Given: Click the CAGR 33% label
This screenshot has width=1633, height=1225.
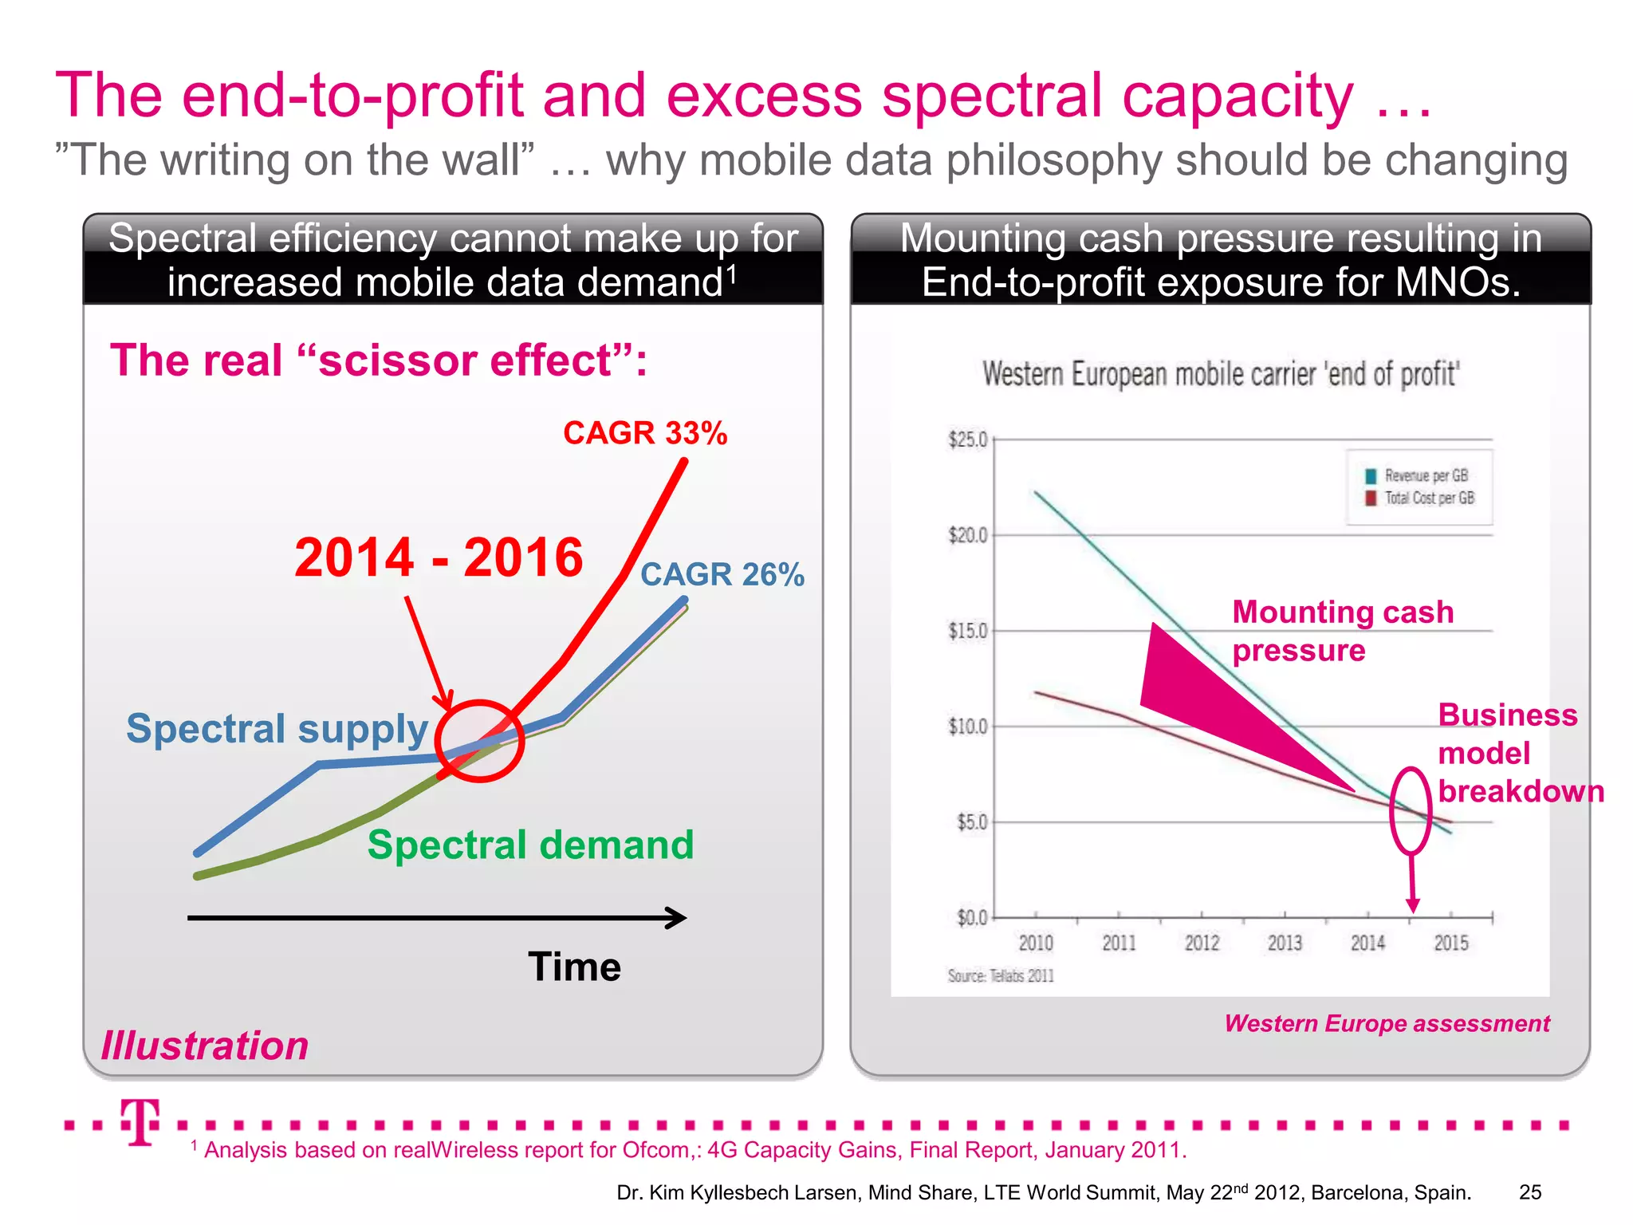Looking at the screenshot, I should click(644, 433).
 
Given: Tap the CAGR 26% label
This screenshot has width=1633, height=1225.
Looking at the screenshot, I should click(722, 574).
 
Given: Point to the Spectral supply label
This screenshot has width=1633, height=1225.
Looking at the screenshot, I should click(277, 728).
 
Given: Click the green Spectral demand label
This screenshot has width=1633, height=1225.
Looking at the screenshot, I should click(530, 845).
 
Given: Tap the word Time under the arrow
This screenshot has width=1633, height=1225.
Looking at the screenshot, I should click(574, 967).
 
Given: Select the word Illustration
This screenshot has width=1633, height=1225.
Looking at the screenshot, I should click(205, 1046).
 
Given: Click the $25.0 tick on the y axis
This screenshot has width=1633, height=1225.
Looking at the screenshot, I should click(967, 439).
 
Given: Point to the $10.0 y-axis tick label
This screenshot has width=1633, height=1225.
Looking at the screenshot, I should click(967, 727).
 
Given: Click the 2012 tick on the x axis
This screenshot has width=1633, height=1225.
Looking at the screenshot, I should click(1202, 943).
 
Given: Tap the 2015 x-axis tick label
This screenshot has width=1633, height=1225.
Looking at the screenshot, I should click(1450, 943).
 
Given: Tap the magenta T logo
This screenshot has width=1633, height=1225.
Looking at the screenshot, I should click(140, 1121).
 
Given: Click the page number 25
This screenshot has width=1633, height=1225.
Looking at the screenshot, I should click(1529, 1192).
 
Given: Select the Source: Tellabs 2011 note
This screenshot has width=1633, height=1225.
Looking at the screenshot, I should click(1001, 976).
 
